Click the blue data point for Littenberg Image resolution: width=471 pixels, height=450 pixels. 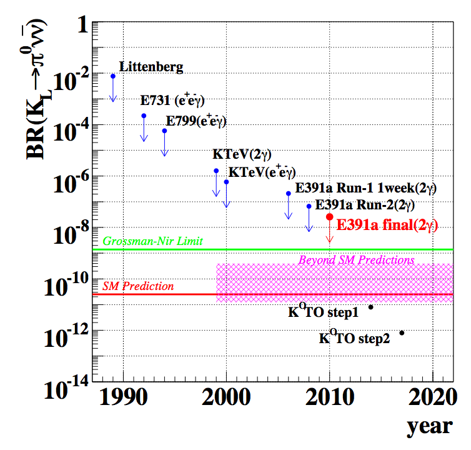113,76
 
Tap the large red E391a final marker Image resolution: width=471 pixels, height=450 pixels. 330,216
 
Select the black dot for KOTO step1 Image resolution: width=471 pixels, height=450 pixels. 371,307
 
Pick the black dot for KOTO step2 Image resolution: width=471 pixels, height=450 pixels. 402,332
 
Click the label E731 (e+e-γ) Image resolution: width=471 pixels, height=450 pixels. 173,101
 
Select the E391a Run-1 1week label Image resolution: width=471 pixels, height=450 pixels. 365,187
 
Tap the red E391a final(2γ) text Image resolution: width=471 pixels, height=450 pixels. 387,226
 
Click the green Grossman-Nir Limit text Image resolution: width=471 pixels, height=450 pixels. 153,241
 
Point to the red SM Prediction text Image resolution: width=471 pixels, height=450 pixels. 139,286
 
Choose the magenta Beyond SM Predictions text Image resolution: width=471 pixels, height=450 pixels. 357,259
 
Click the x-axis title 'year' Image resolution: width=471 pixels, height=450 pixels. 429,427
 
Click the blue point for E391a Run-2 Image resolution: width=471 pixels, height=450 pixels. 309,206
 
